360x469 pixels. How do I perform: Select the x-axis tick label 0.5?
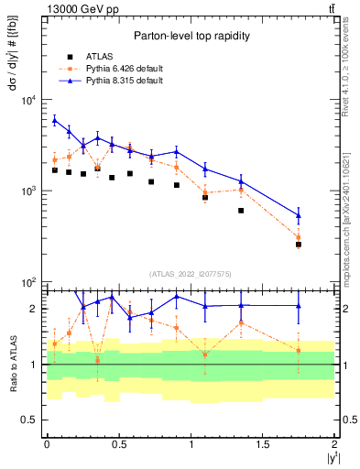pos(118,444)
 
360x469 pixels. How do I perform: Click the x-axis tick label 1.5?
pos(262,444)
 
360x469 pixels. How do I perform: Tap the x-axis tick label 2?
pos(334,444)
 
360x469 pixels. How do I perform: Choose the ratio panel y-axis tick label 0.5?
pos(30,420)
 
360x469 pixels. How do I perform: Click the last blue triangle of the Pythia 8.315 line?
pos(299,215)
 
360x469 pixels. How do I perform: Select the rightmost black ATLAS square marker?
pos(299,245)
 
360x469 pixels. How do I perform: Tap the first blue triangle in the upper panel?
pos(54,120)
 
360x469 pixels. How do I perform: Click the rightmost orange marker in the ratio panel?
pos(299,350)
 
